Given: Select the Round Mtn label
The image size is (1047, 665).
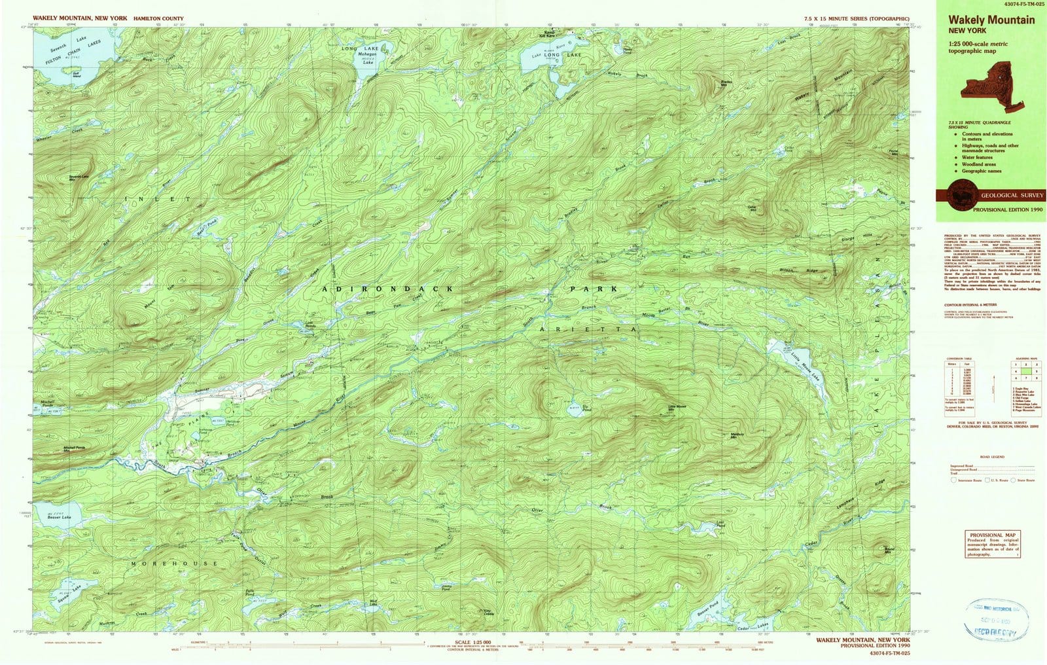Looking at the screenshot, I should (888, 550).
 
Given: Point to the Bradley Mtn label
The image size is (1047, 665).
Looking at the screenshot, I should (726, 83).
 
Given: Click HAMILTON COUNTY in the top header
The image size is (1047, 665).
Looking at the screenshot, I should (158, 19).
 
